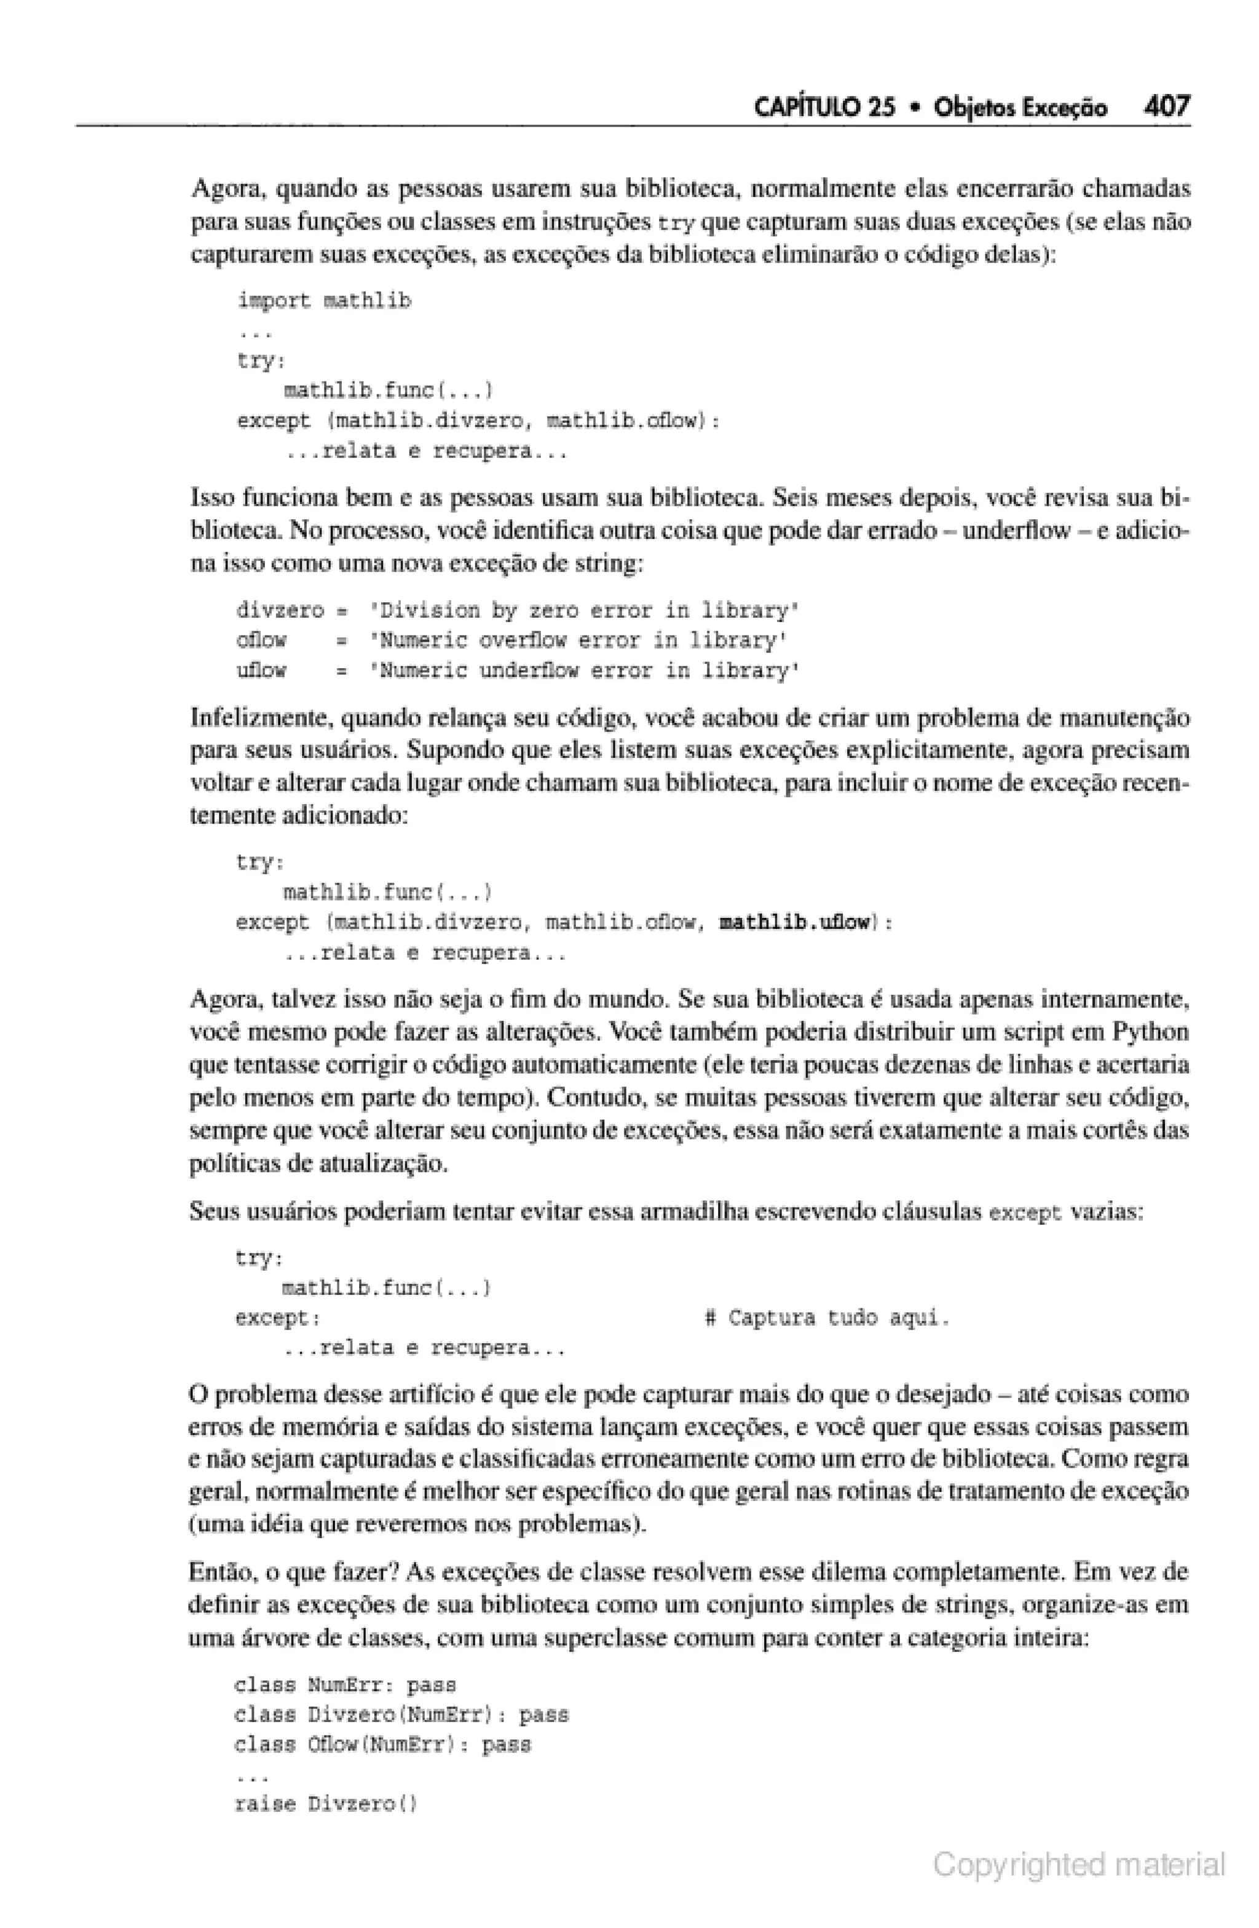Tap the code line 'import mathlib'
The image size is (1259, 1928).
tap(324, 301)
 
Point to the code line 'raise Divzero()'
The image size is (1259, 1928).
tap(325, 1804)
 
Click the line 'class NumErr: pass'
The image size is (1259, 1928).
tap(345, 1685)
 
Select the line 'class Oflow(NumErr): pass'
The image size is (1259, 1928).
tap(382, 1744)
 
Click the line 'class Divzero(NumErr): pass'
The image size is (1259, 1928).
tap(401, 1715)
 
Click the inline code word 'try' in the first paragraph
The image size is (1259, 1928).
tap(677, 223)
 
